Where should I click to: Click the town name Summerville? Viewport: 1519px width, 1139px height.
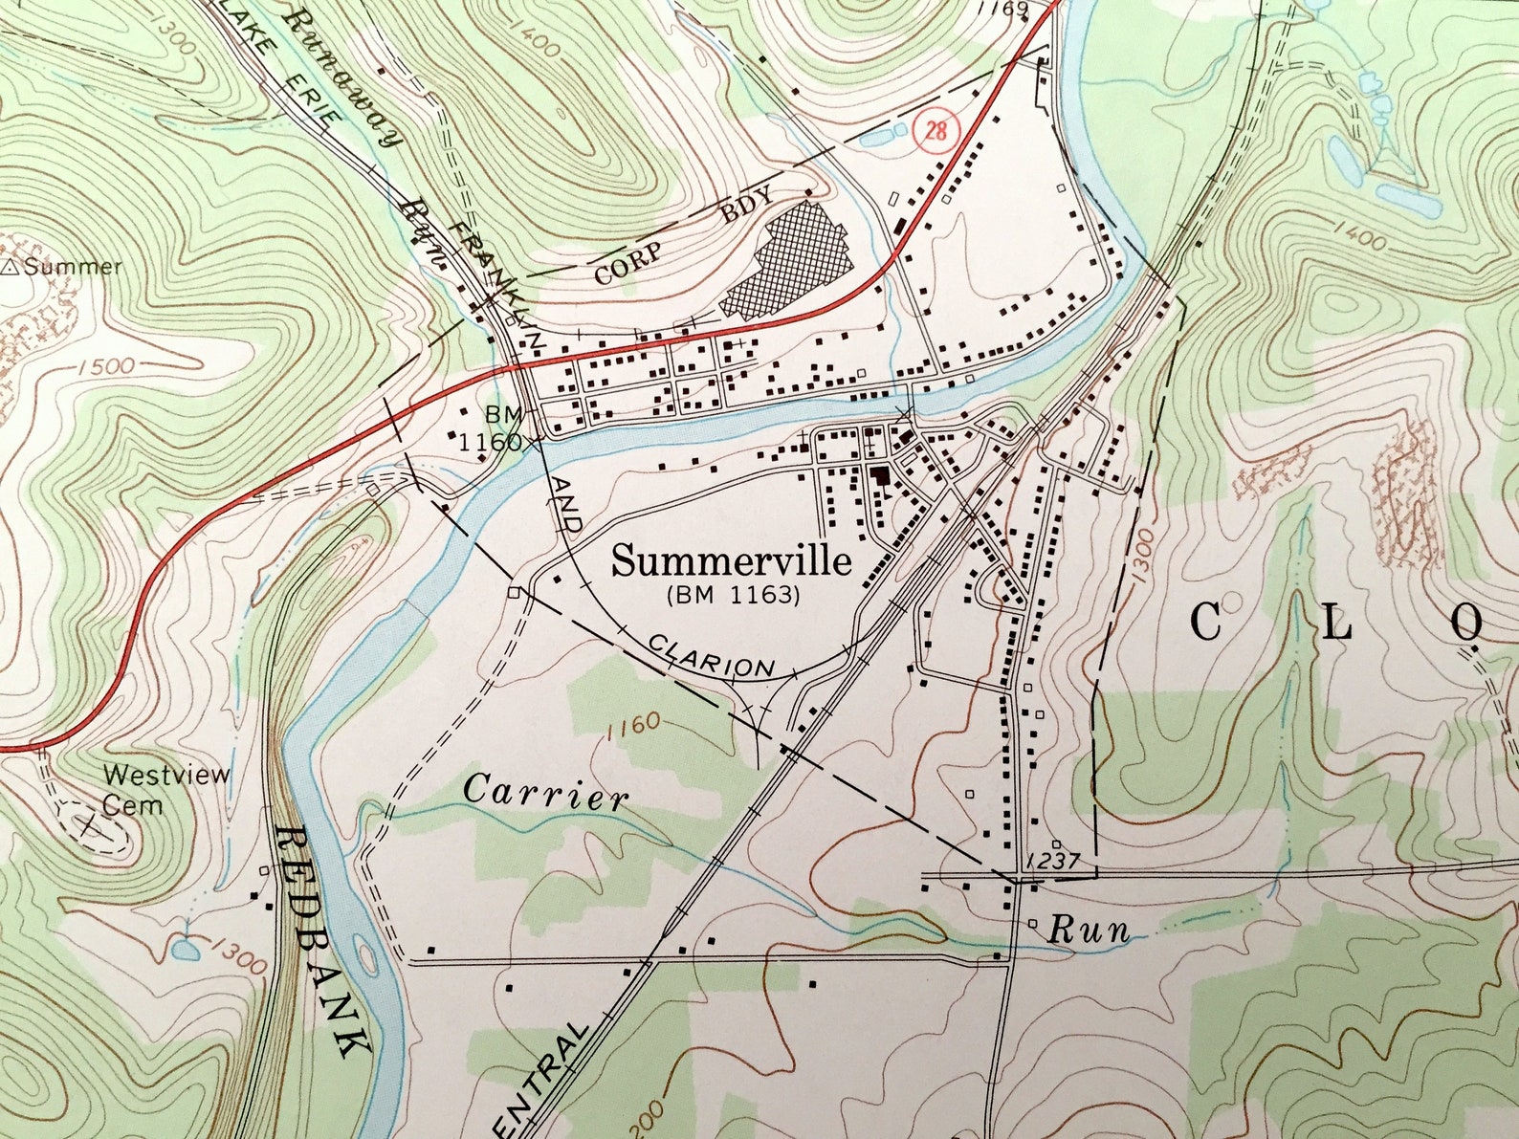pos(731,561)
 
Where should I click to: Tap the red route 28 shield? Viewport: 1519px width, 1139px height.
pos(936,129)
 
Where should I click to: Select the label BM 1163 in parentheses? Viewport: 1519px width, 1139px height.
pos(732,595)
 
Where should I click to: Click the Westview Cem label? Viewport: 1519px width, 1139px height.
pos(165,789)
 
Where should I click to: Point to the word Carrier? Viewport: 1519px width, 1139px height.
pos(546,793)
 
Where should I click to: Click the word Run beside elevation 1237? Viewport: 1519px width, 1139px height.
pos(1089,930)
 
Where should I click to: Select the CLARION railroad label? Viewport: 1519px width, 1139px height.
pos(711,655)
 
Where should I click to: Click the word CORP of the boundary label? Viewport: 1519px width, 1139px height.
pos(627,265)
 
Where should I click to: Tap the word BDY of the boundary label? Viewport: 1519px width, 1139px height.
pos(746,207)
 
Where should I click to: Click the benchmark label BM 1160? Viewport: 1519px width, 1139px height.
pos(495,428)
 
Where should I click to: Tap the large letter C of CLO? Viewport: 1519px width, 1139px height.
pos(1206,623)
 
